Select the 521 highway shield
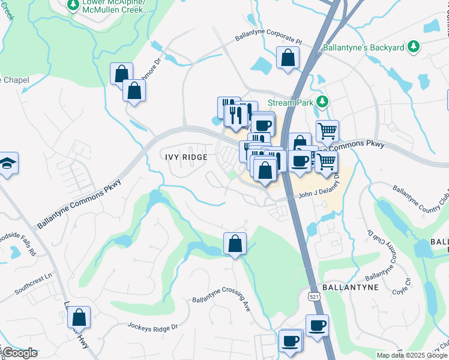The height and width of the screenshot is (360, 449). (x=315, y=296)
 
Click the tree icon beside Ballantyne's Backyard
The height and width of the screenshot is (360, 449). (x=413, y=46)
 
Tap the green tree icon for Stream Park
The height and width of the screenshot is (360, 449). (x=323, y=102)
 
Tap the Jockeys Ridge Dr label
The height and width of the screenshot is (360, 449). (x=152, y=327)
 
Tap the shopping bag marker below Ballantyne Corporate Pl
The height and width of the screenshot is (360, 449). (x=288, y=58)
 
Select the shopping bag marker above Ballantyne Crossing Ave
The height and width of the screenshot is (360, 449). (x=235, y=244)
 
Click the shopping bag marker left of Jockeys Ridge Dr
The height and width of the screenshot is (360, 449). (x=79, y=317)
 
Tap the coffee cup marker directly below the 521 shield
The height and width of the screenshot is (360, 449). (x=317, y=326)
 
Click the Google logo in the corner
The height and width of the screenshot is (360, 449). (x=19, y=353)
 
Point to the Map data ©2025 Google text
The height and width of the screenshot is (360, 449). (x=412, y=355)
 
